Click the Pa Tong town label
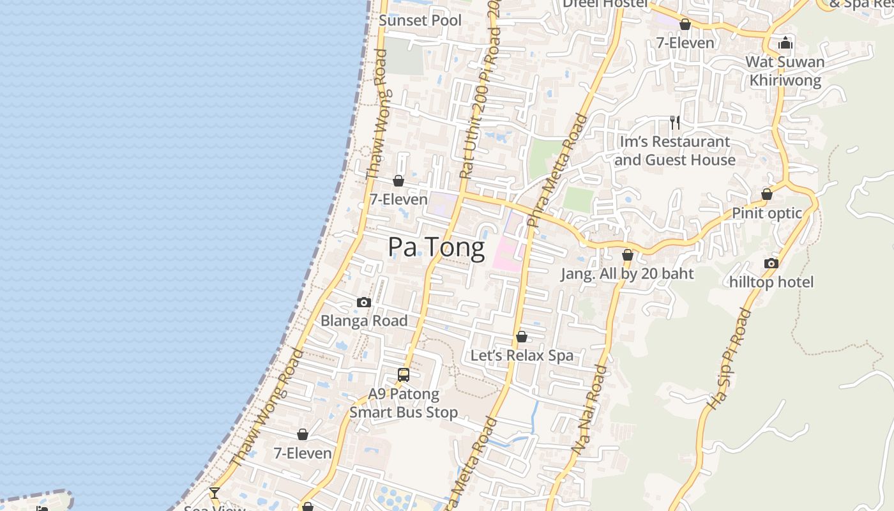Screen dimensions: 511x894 [436, 247]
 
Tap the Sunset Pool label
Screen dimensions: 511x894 [420, 20]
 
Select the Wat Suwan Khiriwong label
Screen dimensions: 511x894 [785, 71]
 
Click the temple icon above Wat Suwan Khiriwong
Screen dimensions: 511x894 [785, 43]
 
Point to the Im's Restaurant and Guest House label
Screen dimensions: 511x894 [675, 151]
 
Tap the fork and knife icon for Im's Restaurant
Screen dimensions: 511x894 [675, 122]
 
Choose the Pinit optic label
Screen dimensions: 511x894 [766, 213]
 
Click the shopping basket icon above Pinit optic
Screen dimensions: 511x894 [767, 194]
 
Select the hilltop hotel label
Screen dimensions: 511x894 [771, 282]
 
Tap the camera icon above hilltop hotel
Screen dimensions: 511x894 [771, 263]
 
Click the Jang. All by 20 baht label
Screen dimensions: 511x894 [627, 274]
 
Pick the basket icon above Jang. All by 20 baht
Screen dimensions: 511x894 [628, 255]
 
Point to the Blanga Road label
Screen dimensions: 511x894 [364, 321]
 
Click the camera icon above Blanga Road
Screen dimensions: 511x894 [364, 302]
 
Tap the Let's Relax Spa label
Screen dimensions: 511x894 [522, 356]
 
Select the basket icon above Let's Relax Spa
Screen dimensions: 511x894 [522, 337]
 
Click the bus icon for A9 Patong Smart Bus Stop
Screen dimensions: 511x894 [404, 375]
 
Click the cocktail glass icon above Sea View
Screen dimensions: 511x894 [215, 492]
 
